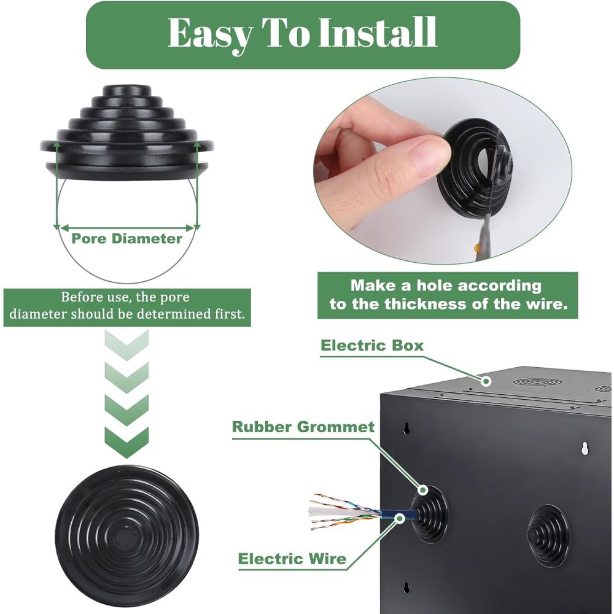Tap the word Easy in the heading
click(210, 34)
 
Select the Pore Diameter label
click(127, 238)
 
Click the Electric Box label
click(372, 345)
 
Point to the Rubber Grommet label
click(303, 427)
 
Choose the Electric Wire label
click(292, 558)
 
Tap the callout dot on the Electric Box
click(486, 381)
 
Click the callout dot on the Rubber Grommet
click(423, 489)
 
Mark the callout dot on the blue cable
click(400, 518)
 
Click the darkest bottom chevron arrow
click(126, 443)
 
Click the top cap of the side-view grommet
click(126, 90)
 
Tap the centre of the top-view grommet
click(126, 537)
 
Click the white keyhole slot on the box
click(585, 448)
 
